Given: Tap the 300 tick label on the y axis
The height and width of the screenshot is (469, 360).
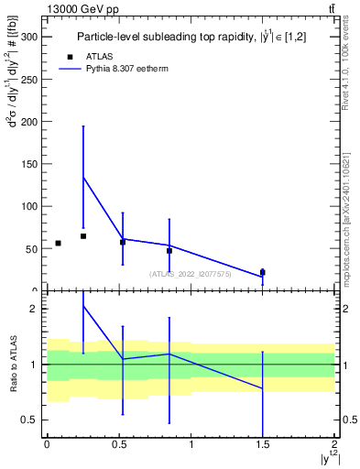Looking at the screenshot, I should [29, 38].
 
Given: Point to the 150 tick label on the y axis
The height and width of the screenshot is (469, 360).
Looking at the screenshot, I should [29, 164].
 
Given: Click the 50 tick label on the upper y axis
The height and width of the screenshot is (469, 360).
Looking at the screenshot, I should [32, 248].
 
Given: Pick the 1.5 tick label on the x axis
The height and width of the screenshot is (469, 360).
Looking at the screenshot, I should [262, 444].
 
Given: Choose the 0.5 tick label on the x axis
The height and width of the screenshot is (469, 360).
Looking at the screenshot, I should [118, 444].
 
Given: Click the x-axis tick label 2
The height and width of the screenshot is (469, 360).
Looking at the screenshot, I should [334, 444].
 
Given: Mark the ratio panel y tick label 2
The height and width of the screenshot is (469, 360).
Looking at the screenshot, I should [35, 309].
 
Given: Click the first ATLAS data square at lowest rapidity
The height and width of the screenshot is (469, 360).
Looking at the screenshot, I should [58, 243].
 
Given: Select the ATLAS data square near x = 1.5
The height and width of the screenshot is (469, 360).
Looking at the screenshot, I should [263, 272].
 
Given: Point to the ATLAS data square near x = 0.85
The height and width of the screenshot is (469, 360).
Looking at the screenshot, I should [169, 250].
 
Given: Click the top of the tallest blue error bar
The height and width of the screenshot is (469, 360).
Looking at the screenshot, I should [83, 126].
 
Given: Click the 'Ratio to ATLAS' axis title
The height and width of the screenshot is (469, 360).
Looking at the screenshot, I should [13, 365].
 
